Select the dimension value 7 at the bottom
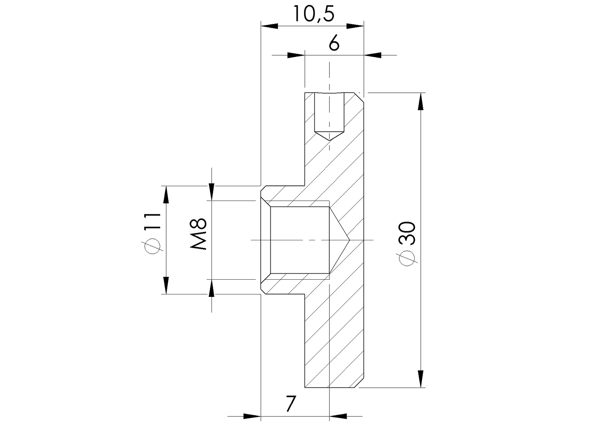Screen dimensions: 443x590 point(290,404)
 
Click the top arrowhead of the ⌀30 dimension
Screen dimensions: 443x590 point(421,102)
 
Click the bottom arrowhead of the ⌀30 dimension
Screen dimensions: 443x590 point(421,379)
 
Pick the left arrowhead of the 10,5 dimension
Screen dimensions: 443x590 point(269,26)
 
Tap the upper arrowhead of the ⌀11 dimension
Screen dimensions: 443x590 point(166,195)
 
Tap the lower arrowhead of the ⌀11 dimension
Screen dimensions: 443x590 point(166,285)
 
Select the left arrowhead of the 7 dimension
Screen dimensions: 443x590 point(252,416)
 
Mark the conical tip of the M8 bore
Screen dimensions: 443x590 point(348,240)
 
